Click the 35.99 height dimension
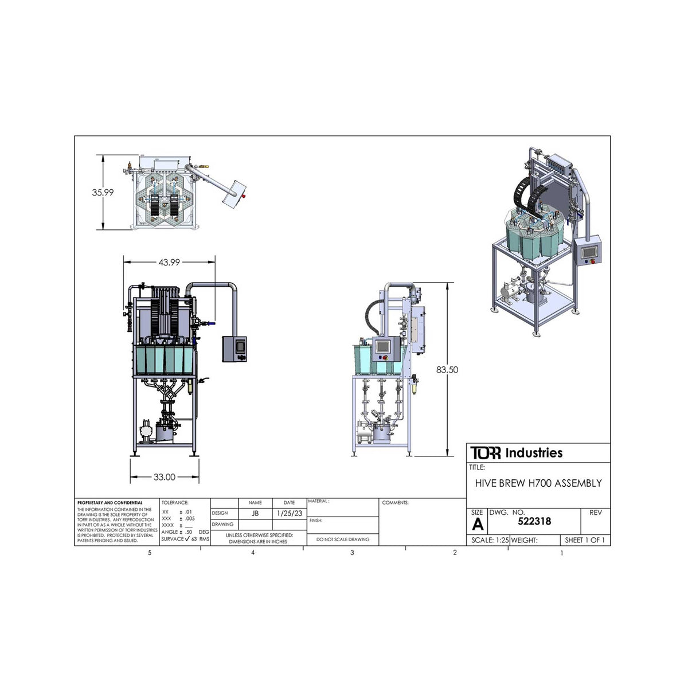tap(103, 193)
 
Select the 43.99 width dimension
tap(169, 262)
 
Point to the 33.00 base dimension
tap(164, 476)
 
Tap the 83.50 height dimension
tap(447, 370)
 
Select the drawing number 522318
tap(534, 521)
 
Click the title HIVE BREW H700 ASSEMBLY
tap(538, 483)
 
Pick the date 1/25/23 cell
tap(290, 513)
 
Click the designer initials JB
tap(255, 513)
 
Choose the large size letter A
tap(477, 524)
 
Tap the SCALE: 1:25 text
tap(490, 540)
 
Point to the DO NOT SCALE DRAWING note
tap(343, 540)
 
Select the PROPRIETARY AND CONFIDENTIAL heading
tap(109, 503)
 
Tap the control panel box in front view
tap(235, 349)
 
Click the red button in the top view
tap(243, 196)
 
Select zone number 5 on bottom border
tap(150, 553)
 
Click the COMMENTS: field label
tap(395, 503)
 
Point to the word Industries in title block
tap(533, 453)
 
